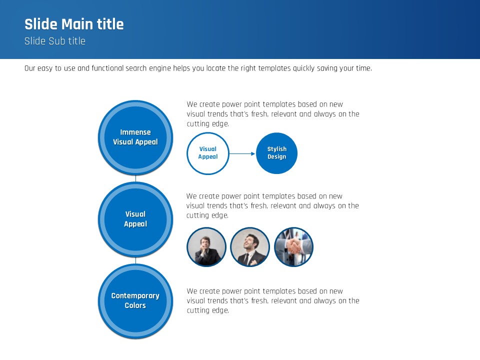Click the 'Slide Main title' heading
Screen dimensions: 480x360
click(74, 24)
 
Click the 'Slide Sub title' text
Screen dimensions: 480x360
click(55, 41)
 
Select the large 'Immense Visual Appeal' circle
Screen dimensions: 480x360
click(135, 138)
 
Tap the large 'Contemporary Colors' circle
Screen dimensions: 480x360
click(135, 301)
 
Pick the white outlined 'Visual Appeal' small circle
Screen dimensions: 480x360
click(208, 153)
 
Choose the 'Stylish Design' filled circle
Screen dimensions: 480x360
click(276, 153)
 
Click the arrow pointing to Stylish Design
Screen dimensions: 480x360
click(242, 153)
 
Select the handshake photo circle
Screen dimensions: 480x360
click(293, 246)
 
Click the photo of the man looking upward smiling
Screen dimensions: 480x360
click(250, 246)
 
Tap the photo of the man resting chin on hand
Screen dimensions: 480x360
click(206, 246)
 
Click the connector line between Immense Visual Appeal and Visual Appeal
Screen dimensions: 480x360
click(135, 179)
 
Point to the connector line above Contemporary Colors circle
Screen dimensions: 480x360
click(135, 260)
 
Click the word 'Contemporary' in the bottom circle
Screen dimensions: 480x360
click(135, 296)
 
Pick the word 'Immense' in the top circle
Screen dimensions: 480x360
click(135, 132)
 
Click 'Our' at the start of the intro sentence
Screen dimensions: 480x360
click(29, 68)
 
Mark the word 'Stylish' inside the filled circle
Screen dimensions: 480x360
click(277, 149)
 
